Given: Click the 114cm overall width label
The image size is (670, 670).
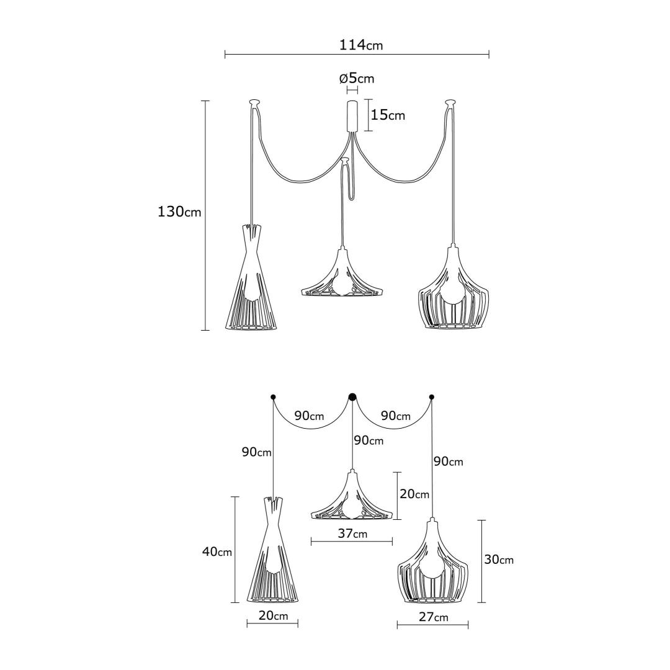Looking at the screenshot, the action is [361, 45].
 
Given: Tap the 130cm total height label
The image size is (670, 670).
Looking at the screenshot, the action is [179, 212].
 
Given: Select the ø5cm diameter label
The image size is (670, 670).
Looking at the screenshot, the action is [356, 78].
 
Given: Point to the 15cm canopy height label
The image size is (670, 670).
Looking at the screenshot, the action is [388, 115].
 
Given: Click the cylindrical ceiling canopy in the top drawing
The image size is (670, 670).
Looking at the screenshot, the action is [352, 116].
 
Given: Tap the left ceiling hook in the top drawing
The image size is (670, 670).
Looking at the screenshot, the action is [254, 102].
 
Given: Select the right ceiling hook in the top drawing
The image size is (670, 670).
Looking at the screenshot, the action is [451, 102].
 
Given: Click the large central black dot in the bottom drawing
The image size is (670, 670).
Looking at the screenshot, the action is [352, 397].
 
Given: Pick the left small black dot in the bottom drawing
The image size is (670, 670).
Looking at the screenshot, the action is [273, 396].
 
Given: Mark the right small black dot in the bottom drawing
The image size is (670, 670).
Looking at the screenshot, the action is [432, 396].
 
